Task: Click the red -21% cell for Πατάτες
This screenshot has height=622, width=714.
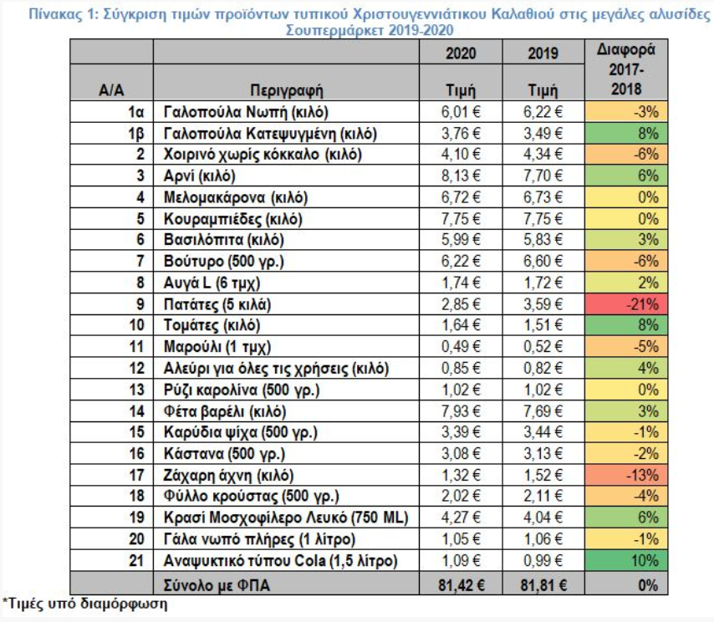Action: (625, 303)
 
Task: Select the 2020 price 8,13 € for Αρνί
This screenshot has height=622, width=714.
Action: (461, 176)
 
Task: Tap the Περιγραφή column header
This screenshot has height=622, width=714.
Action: (287, 90)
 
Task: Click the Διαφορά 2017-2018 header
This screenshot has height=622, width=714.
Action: (626, 69)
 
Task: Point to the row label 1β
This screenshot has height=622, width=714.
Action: (135, 134)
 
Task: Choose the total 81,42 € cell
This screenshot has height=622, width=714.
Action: (462, 585)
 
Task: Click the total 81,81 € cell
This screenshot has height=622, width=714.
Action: (543, 585)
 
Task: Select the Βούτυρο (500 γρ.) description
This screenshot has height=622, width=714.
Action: (223, 262)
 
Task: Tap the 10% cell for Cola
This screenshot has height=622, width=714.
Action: (625, 560)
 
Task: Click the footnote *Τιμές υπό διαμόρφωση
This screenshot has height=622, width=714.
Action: (85, 604)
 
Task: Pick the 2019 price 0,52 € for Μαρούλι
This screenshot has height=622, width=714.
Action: (543, 346)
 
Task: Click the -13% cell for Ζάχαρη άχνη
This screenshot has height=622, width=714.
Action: (625, 475)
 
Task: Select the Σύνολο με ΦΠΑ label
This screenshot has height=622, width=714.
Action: (217, 585)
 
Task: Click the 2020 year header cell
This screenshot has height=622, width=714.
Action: (461, 54)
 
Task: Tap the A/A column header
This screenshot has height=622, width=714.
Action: (111, 90)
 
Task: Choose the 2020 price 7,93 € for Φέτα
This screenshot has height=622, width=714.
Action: (461, 411)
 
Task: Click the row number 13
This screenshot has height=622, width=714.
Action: (136, 390)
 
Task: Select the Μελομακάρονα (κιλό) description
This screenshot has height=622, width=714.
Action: (236, 197)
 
